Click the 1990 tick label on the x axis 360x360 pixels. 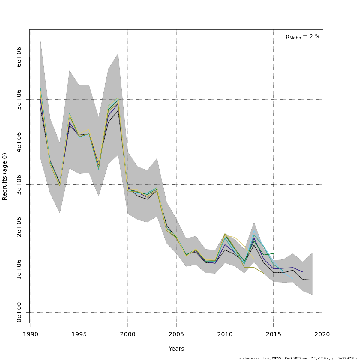coord(31,334)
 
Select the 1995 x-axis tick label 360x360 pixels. coord(79,334)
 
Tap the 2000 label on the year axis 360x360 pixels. coord(128,334)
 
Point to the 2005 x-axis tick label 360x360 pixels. coord(176,334)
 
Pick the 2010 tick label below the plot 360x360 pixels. coord(225,334)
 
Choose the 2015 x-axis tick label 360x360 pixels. coord(274,334)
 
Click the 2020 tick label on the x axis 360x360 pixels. coord(322,334)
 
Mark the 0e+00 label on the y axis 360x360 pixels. coord(19,312)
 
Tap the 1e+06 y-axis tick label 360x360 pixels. coord(19,270)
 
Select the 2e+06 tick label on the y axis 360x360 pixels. coord(19,227)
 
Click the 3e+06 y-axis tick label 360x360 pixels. coord(19,184)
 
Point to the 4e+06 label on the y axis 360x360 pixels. coord(19,142)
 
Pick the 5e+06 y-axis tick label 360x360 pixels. coord(19,99)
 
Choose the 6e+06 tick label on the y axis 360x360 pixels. coord(19,57)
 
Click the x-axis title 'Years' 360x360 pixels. coord(176,349)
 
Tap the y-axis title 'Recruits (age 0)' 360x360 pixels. coord(5,176)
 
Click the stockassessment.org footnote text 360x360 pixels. coord(298,358)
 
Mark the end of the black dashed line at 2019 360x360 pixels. coord(312,280)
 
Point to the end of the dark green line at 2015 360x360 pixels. coord(274,253)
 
